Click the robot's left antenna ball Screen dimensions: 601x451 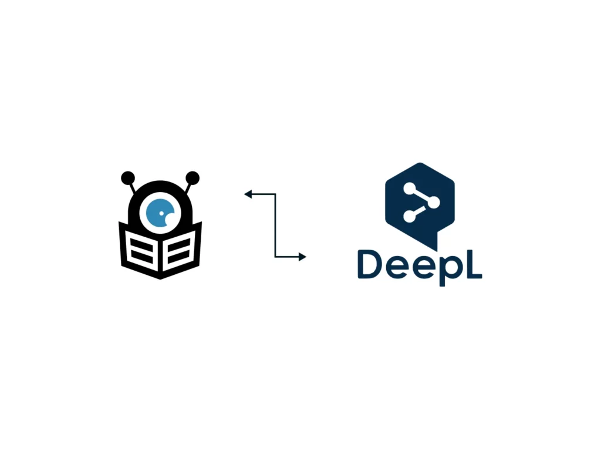tap(128, 178)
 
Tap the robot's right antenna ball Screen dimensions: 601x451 tap(193, 178)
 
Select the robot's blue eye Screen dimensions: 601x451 tap(160, 213)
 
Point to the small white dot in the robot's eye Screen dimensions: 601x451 tap(161, 213)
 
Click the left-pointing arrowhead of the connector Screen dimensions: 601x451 tap(248, 194)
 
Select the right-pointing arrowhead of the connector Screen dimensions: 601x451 tap(302, 257)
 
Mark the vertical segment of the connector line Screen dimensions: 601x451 tap(275, 225)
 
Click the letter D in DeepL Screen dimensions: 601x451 tap(370, 264)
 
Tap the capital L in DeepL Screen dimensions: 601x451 tap(472, 264)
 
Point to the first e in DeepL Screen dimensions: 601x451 tap(399, 267)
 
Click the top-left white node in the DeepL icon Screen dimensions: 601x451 tap(409, 188)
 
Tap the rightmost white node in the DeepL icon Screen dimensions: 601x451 tap(434, 202)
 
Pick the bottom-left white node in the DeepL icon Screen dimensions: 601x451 tap(409, 216)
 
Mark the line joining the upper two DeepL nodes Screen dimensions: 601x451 tap(421, 195)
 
